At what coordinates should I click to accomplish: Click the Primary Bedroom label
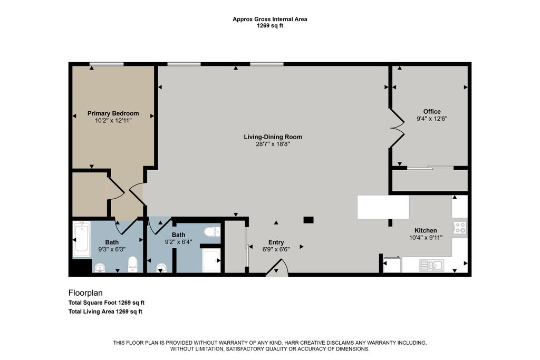coord(113,113)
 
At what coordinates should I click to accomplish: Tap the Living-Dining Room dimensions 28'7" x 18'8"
coord(273,144)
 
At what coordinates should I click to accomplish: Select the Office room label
coord(432,112)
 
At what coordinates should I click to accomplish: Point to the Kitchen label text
coord(426,230)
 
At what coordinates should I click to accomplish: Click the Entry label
coord(276,242)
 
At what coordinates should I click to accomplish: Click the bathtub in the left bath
coord(82,239)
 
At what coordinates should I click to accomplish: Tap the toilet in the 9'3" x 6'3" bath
coord(132,264)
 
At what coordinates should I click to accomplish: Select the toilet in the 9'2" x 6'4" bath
coord(212,231)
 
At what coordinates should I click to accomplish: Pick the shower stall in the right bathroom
coord(211,260)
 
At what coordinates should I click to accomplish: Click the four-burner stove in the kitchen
coord(460,228)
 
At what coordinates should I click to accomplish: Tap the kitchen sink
coord(431,266)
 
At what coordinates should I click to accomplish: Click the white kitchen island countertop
coord(383,207)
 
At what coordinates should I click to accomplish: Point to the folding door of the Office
coord(397,129)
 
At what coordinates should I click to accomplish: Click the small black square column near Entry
coord(308,220)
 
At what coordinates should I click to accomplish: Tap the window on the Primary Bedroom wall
coord(107,64)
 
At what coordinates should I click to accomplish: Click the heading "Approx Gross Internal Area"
coord(270,20)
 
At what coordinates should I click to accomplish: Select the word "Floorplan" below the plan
coord(85,293)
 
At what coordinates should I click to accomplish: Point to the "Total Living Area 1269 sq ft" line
coord(105,312)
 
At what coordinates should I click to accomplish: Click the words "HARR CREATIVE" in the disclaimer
coord(305,343)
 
